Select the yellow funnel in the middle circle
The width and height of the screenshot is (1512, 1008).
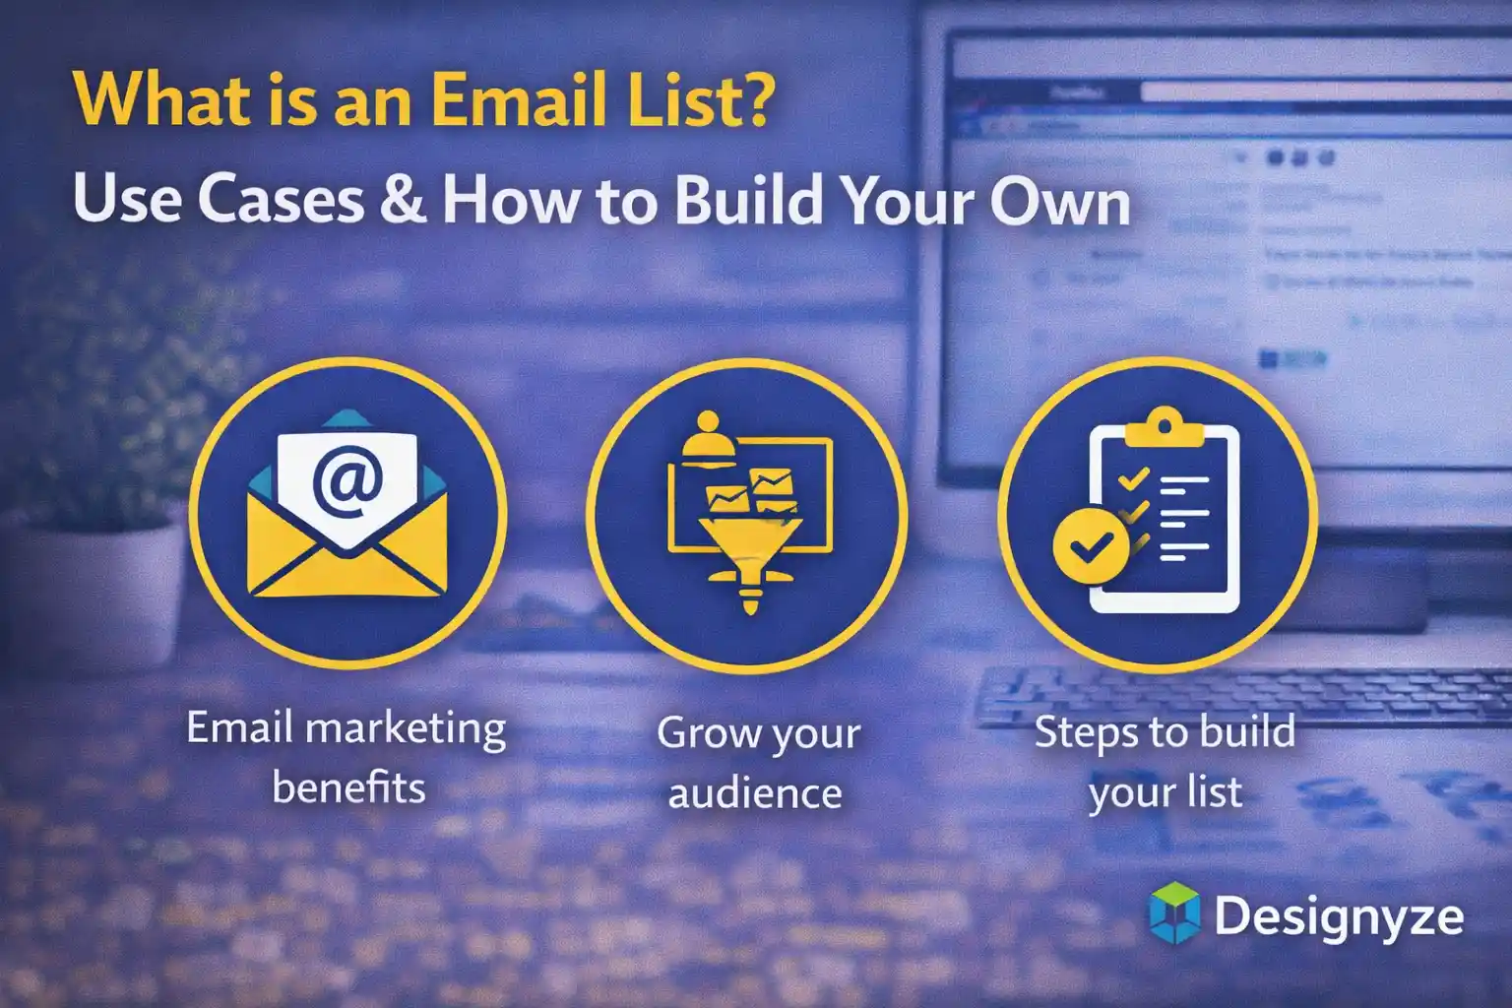750,551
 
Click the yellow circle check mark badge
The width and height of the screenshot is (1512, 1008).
1091,544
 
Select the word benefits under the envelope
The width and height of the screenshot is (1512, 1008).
348,787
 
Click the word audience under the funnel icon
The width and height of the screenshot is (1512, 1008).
755,793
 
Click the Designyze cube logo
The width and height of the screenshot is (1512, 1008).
1174,913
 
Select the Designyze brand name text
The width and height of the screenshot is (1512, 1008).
1339,916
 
